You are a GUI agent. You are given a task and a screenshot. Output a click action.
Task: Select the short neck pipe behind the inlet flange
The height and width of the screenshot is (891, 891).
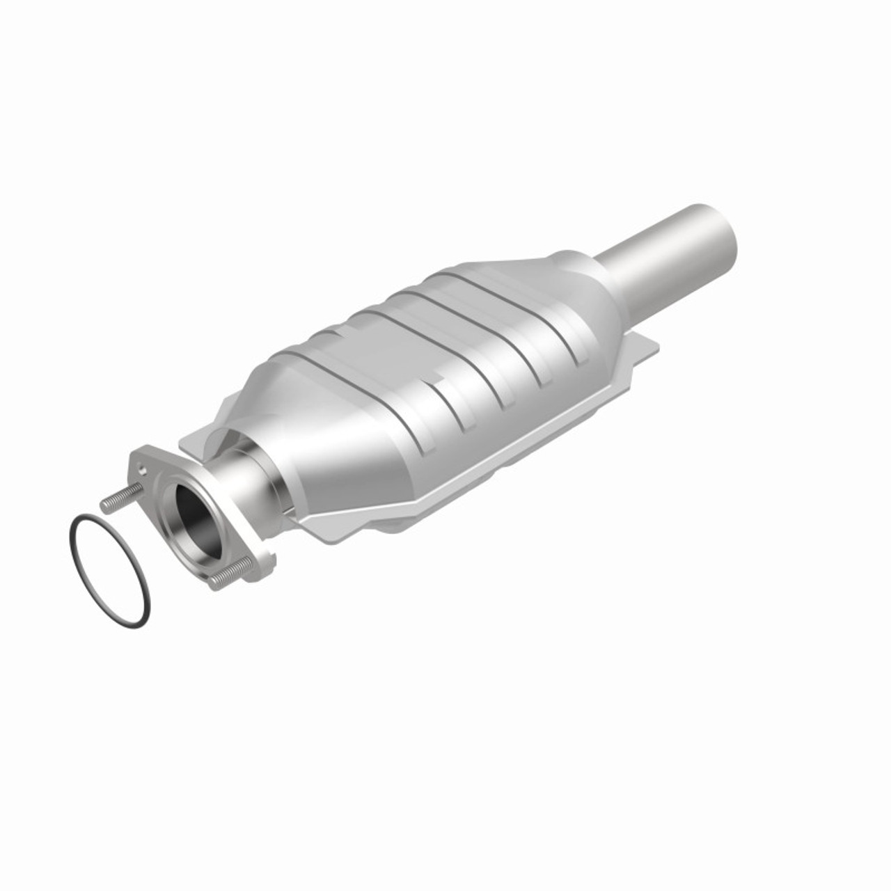(x=244, y=480)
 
